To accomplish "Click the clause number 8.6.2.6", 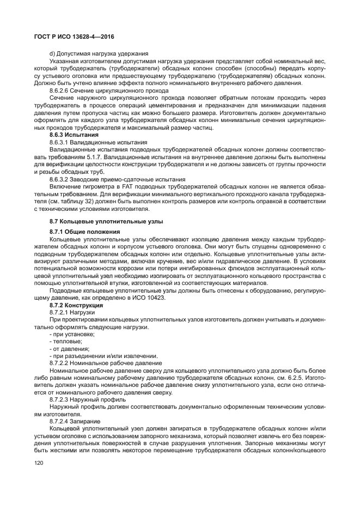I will click(x=59, y=89).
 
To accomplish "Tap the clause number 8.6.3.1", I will click(x=59, y=142).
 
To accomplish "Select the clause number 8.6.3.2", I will click(x=59, y=179).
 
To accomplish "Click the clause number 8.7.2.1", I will click(x=59, y=313).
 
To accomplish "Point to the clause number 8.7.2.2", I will click(x=59, y=362).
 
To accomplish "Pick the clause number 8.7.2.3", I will click(x=59, y=399).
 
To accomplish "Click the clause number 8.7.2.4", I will click(x=59, y=422).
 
